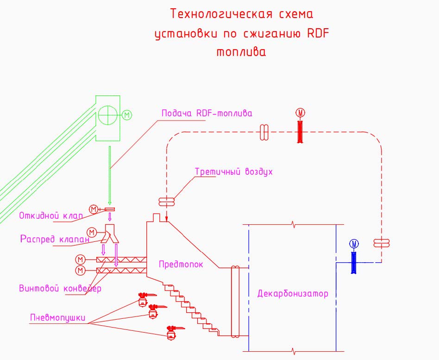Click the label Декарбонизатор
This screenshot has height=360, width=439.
point(293,293)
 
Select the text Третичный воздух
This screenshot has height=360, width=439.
point(234,171)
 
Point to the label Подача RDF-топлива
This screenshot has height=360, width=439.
point(207,113)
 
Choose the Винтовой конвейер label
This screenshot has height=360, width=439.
point(61,288)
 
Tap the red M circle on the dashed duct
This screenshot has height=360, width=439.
point(300,112)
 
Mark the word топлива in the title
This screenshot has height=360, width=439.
point(241,52)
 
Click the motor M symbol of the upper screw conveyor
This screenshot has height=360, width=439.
point(81,259)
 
